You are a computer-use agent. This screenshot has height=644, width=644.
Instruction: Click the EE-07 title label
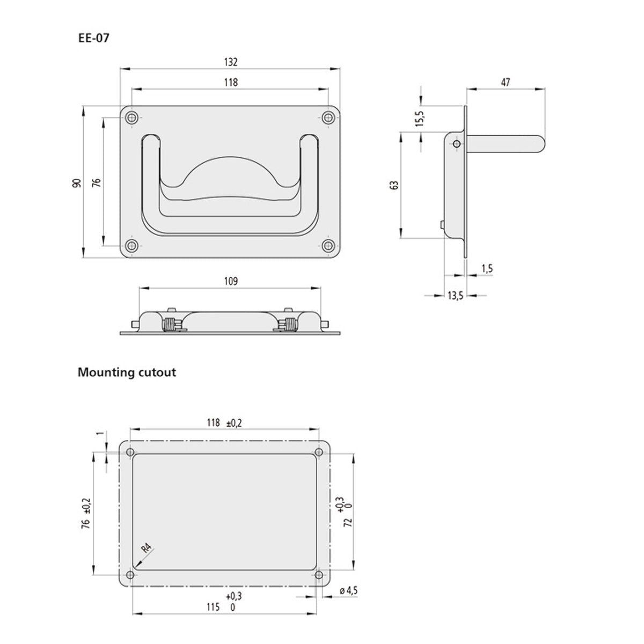tap(94, 39)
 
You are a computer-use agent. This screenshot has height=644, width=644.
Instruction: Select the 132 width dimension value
tap(230, 62)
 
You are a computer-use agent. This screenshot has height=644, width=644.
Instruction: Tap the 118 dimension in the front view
tap(230, 82)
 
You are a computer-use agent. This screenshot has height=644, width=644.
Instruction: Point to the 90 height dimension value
tap(77, 182)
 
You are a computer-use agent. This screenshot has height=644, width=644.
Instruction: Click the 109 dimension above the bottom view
tap(230, 281)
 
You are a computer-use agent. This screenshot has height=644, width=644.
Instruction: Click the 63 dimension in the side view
tap(394, 185)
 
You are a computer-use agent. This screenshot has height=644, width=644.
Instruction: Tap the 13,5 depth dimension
tap(455, 295)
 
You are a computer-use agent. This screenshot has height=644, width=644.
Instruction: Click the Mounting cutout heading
tap(127, 372)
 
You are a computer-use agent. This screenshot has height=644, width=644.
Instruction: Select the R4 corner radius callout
tap(147, 549)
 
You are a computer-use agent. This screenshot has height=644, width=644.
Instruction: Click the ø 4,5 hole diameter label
tap(349, 591)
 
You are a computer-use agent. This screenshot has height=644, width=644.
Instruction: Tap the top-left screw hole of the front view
tap(130, 118)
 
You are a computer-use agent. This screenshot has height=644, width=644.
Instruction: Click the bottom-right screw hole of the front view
tap(328, 246)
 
